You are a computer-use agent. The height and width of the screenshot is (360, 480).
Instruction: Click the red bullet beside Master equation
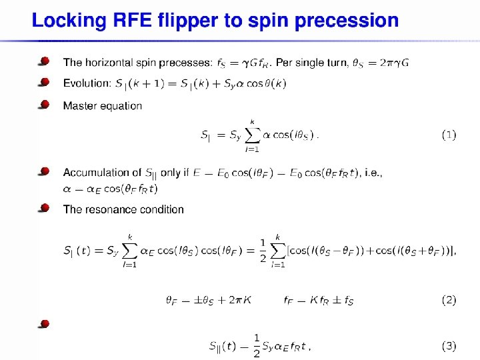[x=44, y=104]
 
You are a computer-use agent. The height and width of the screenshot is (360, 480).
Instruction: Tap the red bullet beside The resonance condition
[x=44, y=208]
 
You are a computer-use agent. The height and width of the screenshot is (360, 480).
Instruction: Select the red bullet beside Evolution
[x=44, y=82]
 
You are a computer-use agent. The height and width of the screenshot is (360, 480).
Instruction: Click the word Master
[x=79, y=105]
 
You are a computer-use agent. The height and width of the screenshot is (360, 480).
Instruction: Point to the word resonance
[x=108, y=209]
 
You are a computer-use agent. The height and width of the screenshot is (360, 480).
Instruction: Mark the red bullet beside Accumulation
[x=44, y=171]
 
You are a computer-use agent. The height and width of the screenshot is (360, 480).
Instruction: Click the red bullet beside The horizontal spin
[x=44, y=61]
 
